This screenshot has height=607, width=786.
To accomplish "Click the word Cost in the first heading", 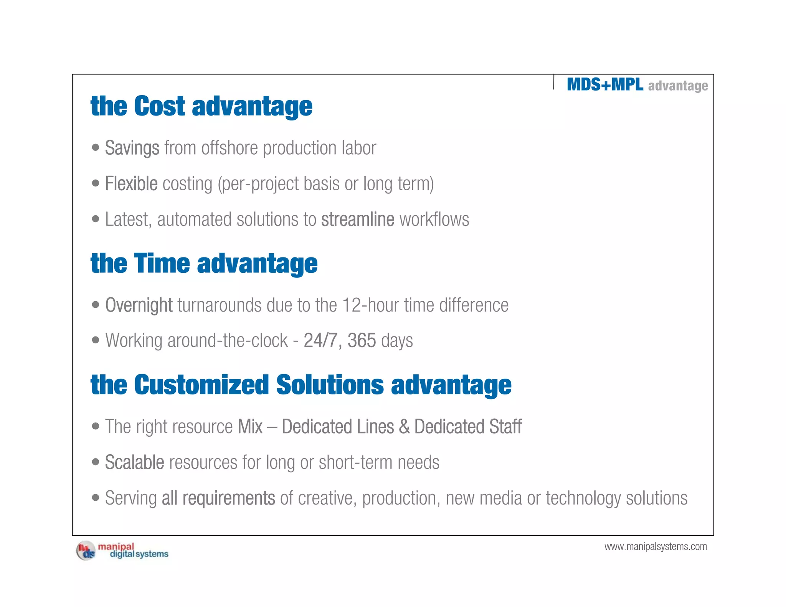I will pyautogui.click(x=159, y=106).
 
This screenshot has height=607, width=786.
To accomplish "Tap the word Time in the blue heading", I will pyautogui.click(x=162, y=264).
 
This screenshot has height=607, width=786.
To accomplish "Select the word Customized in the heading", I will pyautogui.click(x=201, y=385).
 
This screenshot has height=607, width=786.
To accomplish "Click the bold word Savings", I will pyautogui.click(x=132, y=148).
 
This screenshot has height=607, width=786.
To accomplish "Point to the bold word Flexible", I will pyautogui.click(x=131, y=183).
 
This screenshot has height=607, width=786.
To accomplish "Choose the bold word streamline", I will pyautogui.click(x=357, y=219).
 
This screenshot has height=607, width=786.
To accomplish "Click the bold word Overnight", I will pyautogui.click(x=139, y=305).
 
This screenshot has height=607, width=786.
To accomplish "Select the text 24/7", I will pyautogui.click(x=320, y=340).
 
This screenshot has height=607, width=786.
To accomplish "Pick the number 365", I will pyautogui.click(x=362, y=340).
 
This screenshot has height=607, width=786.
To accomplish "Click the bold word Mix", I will pyautogui.click(x=250, y=427).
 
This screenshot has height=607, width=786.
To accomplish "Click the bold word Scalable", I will pyautogui.click(x=134, y=462).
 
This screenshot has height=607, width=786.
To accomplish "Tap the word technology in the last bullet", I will pyautogui.click(x=583, y=498).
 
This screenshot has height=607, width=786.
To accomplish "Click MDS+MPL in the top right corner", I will pyautogui.click(x=605, y=84).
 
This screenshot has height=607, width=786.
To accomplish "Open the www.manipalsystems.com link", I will pyautogui.click(x=656, y=546).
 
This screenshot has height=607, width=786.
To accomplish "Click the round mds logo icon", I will pyautogui.click(x=86, y=551).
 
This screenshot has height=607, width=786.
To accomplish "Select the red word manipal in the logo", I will pyautogui.click(x=116, y=546).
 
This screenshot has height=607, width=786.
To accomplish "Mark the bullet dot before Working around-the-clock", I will pyautogui.click(x=96, y=340).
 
